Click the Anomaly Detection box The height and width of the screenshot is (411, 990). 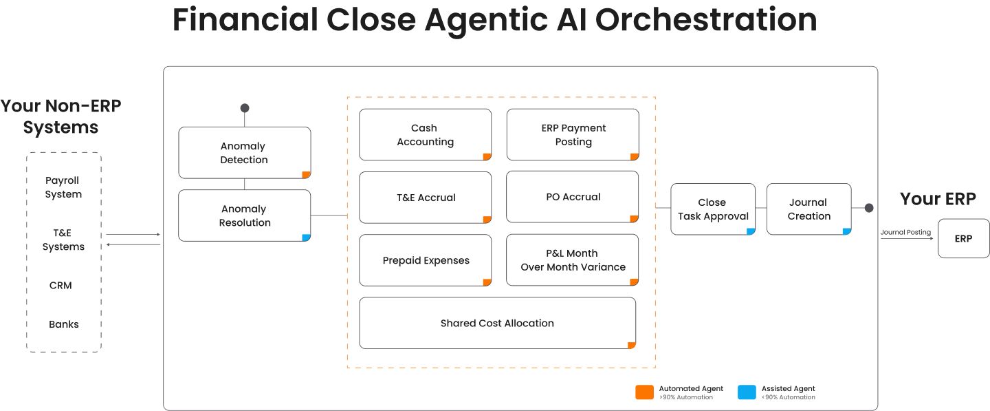244,153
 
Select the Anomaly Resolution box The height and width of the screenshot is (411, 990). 244,215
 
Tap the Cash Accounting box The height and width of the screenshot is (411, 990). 425,135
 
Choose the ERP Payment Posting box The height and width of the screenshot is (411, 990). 573,135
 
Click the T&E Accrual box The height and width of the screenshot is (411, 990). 425,198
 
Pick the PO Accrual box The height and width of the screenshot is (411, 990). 573,197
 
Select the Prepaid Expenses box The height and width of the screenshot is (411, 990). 425,260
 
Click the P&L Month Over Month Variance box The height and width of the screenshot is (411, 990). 573,260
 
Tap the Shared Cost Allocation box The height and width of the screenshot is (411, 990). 497,323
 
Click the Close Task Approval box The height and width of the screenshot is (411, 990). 712,209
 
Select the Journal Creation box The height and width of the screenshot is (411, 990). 808,209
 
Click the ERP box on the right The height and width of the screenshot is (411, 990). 963,238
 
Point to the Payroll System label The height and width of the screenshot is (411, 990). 63,187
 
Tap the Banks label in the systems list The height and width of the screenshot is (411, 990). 63,324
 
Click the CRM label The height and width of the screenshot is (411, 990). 60,285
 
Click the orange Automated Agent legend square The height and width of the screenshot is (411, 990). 644,392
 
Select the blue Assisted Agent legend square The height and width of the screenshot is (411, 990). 747,392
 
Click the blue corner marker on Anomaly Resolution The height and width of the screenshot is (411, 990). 306,238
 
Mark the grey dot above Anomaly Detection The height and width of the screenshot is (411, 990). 244,108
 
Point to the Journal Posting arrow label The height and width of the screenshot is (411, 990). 905,233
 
